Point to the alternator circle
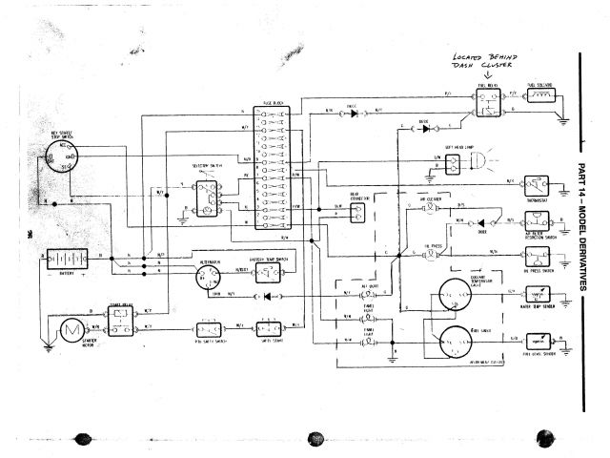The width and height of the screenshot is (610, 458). tap(209, 278)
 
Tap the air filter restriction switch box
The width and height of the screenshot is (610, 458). tap(539, 220)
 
